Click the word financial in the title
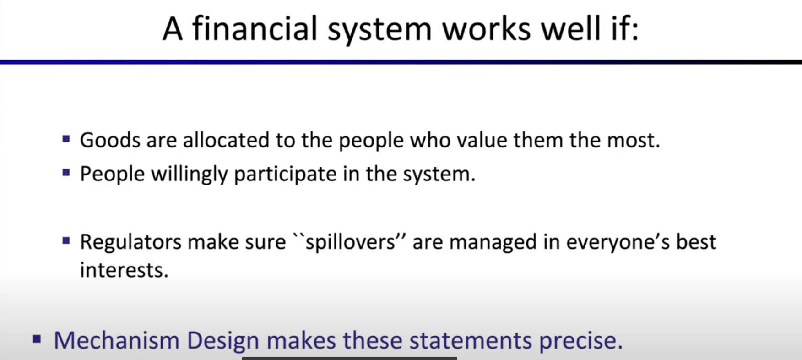click(x=255, y=28)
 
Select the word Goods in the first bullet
click(x=110, y=140)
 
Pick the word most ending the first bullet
click(x=634, y=140)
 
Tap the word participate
click(x=285, y=175)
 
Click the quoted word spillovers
click(x=350, y=242)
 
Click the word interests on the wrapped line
click(x=124, y=270)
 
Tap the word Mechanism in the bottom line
click(x=116, y=341)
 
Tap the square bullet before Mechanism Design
click(x=37, y=339)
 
